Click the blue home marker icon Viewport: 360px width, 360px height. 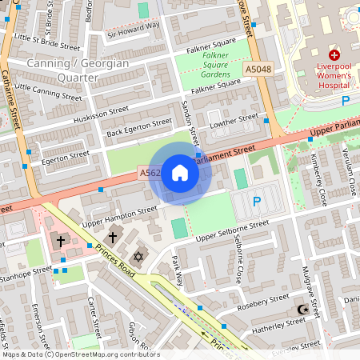coord(180,172)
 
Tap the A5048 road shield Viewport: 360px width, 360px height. coord(258,70)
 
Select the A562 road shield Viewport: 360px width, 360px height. coord(150,173)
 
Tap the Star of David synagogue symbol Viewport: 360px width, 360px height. coord(138,257)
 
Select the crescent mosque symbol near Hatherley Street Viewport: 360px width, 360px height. coord(302,309)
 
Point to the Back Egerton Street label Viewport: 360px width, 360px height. coord(139,126)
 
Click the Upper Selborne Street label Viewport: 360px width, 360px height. coord(234,231)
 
